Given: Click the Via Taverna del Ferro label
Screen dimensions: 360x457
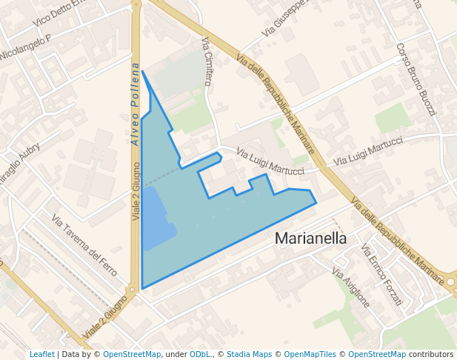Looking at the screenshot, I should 84,245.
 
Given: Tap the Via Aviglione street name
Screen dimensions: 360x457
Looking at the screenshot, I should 350,287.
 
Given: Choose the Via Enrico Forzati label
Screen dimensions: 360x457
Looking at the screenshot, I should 381,275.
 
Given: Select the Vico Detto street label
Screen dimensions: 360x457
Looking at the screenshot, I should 59,14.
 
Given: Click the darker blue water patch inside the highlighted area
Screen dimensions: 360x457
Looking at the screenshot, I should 156,219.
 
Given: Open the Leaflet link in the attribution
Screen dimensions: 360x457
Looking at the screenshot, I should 42,354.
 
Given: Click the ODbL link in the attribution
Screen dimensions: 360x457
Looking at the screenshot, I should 199,354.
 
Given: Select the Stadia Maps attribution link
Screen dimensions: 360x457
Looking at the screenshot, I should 249,354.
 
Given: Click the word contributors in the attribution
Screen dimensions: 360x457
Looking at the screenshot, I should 430,354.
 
